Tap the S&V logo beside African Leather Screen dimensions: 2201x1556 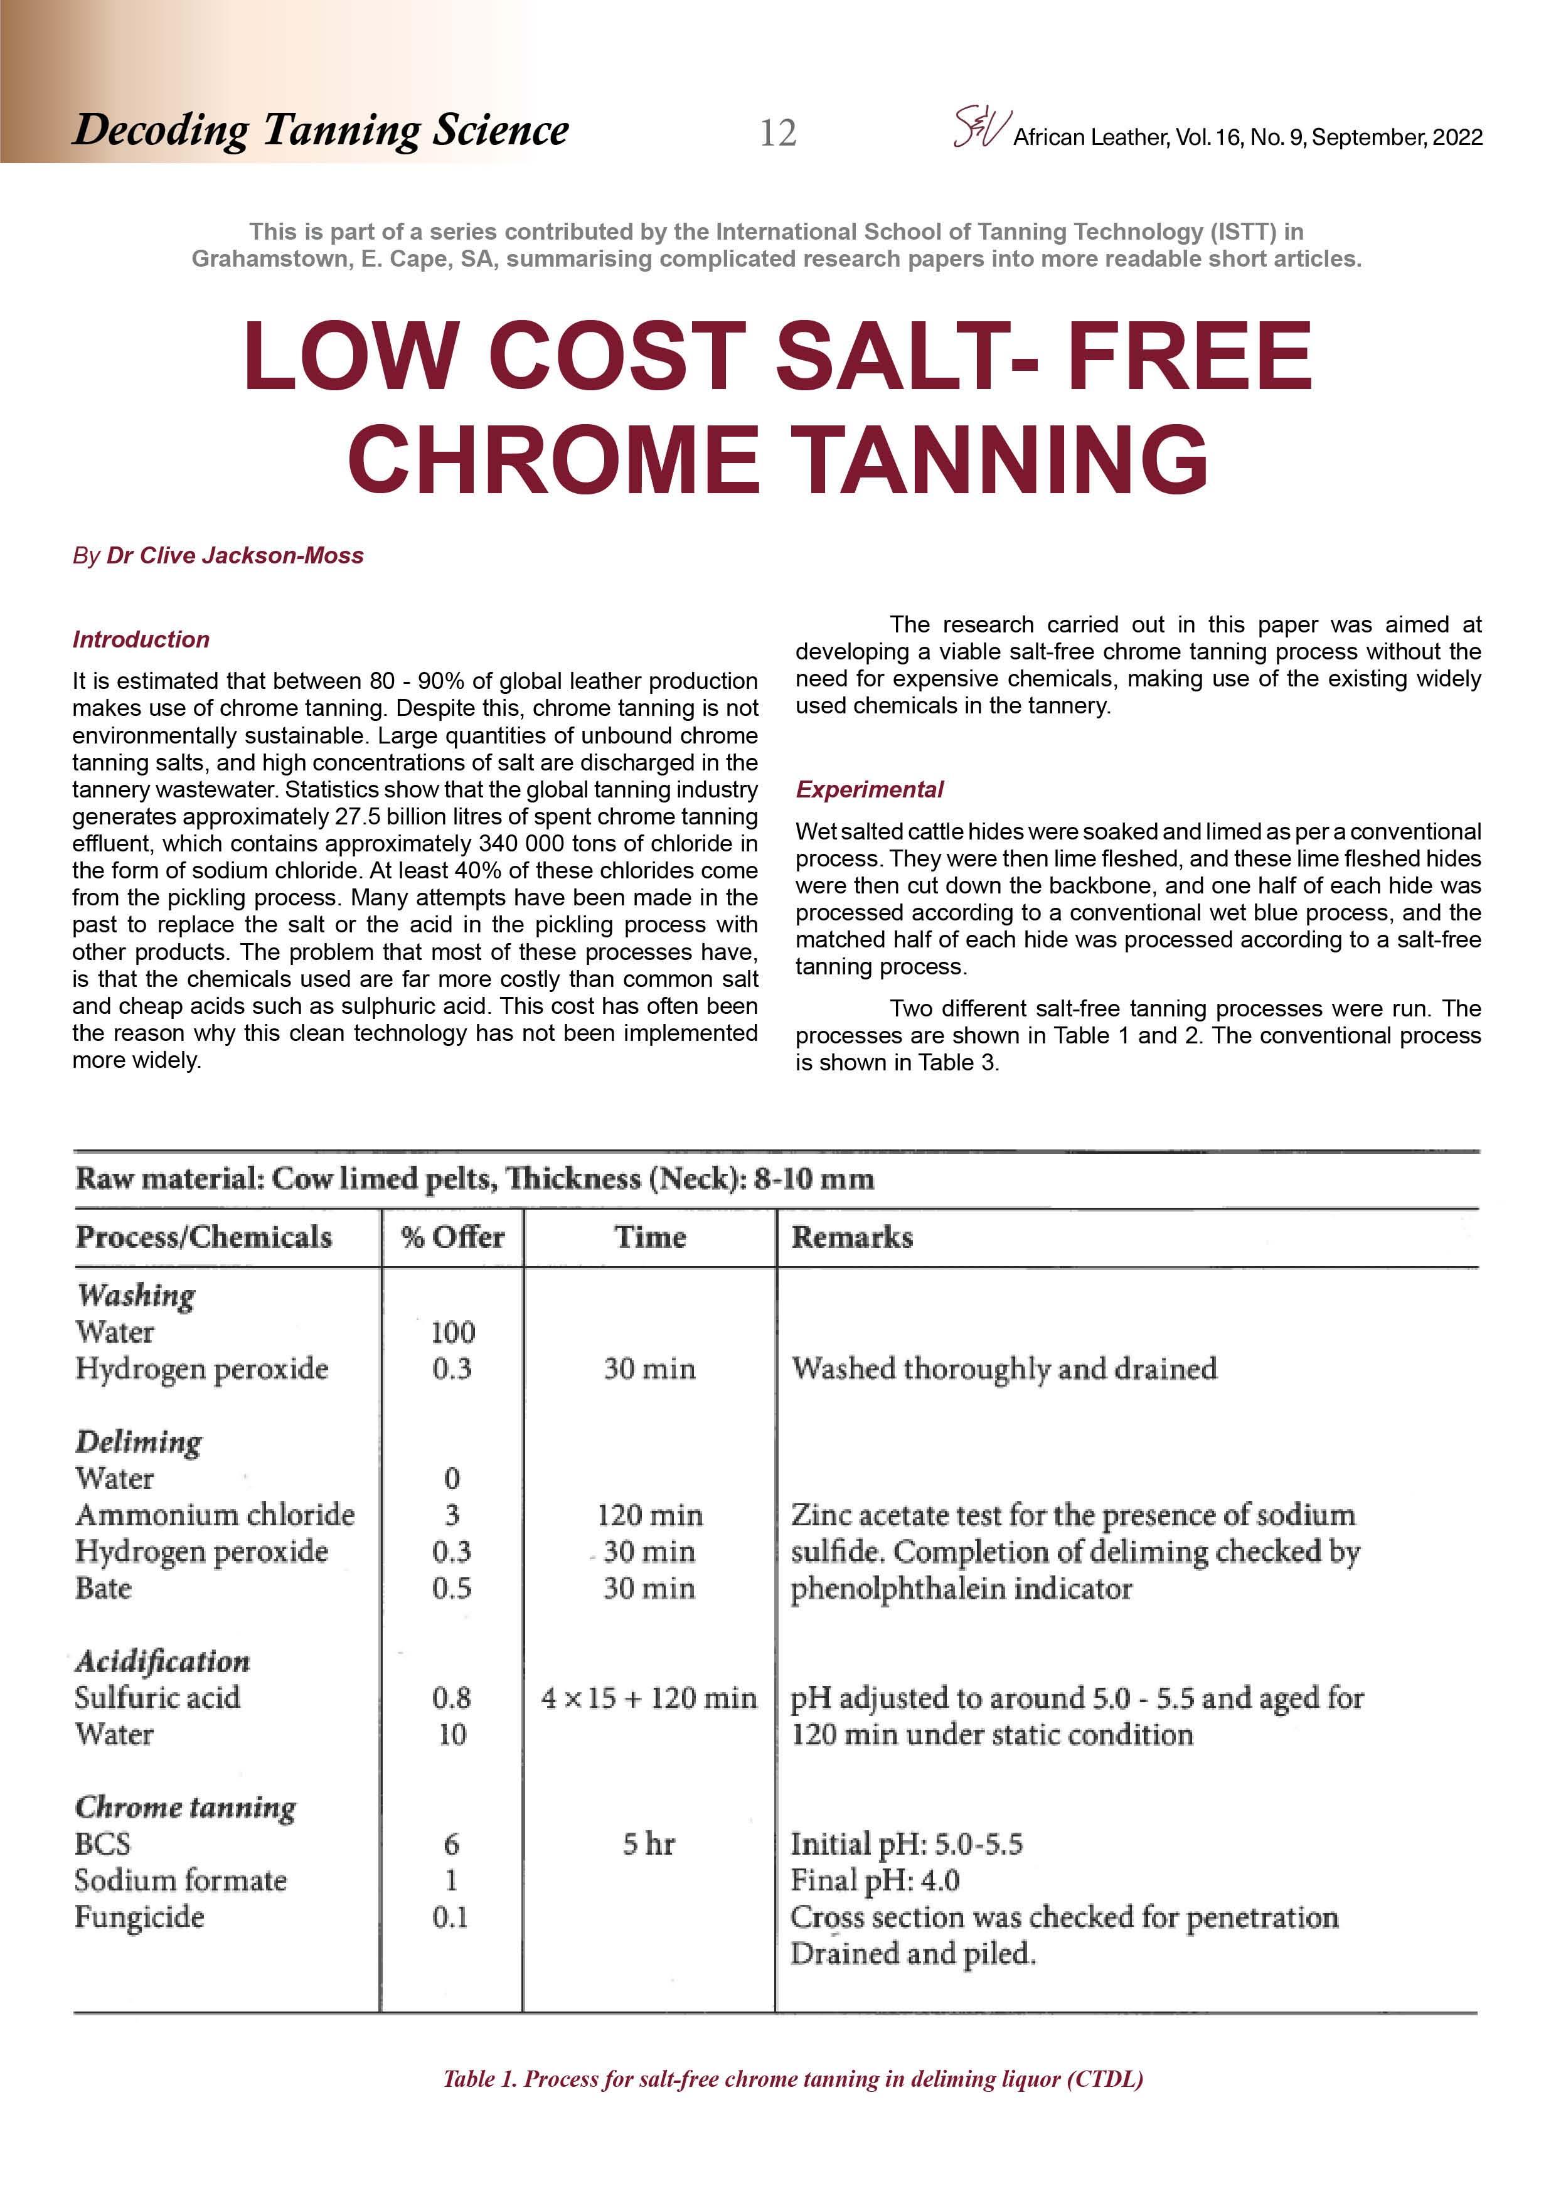point(981,127)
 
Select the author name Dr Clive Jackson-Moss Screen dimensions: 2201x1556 point(234,556)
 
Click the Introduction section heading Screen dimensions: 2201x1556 point(141,639)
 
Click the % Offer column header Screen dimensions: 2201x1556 point(452,1237)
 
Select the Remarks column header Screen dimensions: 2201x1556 point(851,1237)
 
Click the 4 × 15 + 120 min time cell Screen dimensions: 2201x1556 point(648,1698)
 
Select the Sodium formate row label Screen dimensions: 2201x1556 point(180,1881)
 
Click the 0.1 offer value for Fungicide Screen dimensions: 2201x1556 point(450,1917)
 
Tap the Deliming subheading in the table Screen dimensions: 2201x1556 point(139,1442)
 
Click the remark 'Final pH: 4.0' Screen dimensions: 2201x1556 point(875,1881)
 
